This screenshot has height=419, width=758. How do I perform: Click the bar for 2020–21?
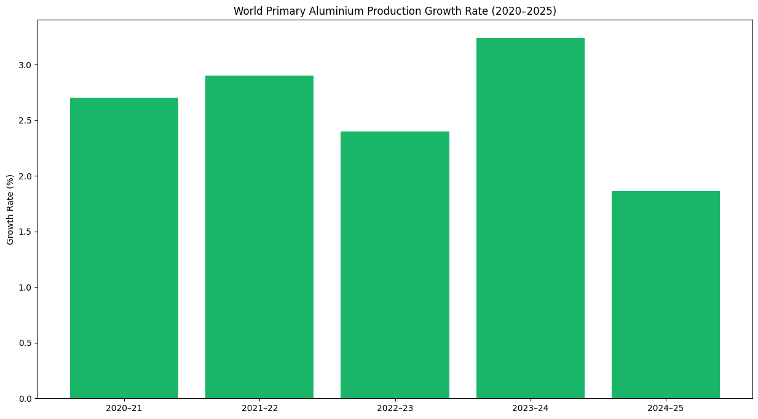124,248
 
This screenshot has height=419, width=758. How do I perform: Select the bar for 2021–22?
259,237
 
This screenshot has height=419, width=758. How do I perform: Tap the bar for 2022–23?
395,265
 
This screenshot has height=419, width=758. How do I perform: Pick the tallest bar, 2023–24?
530,218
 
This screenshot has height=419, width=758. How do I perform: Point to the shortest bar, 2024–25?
665,294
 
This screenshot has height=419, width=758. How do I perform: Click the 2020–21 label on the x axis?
124,408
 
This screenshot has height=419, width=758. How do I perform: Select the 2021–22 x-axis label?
259,408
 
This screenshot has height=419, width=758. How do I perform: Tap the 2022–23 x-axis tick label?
395,408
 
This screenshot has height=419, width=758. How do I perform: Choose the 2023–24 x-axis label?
530,408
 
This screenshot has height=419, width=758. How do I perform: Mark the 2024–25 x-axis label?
665,408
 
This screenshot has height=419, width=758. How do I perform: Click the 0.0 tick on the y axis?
26,399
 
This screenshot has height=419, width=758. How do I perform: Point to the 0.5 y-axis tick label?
26,343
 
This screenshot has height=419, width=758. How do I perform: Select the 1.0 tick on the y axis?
26,288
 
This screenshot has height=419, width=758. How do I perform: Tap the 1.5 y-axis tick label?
26,232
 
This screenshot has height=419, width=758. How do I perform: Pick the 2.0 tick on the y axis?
26,176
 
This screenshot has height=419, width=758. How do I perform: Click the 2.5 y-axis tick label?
26,120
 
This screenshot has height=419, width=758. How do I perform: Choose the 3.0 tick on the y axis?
26,65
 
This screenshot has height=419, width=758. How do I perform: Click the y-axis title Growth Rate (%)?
10,209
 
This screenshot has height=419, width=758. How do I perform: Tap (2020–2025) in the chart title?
526,11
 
